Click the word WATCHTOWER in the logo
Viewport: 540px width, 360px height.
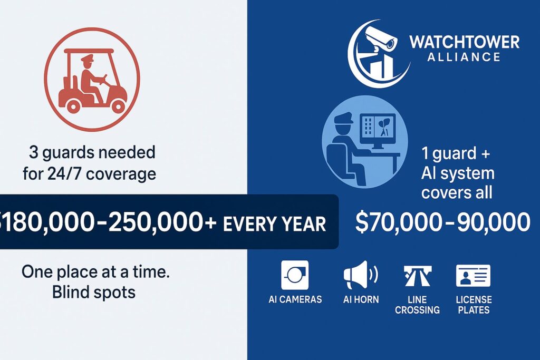point(464,42)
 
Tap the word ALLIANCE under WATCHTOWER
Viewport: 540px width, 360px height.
point(464,57)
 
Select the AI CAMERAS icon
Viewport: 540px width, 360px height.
point(295,275)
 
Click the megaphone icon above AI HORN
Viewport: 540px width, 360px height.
point(361,275)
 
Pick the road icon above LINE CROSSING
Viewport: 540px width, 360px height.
point(418,276)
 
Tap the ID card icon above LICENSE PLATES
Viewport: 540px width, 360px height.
point(473,276)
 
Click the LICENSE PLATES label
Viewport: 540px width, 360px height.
point(474,305)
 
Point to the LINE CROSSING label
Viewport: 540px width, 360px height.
point(418,305)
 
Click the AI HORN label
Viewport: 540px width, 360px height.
point(361,299)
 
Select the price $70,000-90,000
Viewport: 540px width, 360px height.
point(442,222)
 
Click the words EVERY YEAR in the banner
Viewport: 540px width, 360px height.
point(274,223)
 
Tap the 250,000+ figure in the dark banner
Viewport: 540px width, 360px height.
point(162,222)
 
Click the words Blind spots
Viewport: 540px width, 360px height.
point(94,292)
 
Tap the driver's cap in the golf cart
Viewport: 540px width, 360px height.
point(87,59)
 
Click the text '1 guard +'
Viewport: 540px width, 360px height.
point(455,153)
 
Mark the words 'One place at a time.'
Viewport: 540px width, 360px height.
point(95,272)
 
